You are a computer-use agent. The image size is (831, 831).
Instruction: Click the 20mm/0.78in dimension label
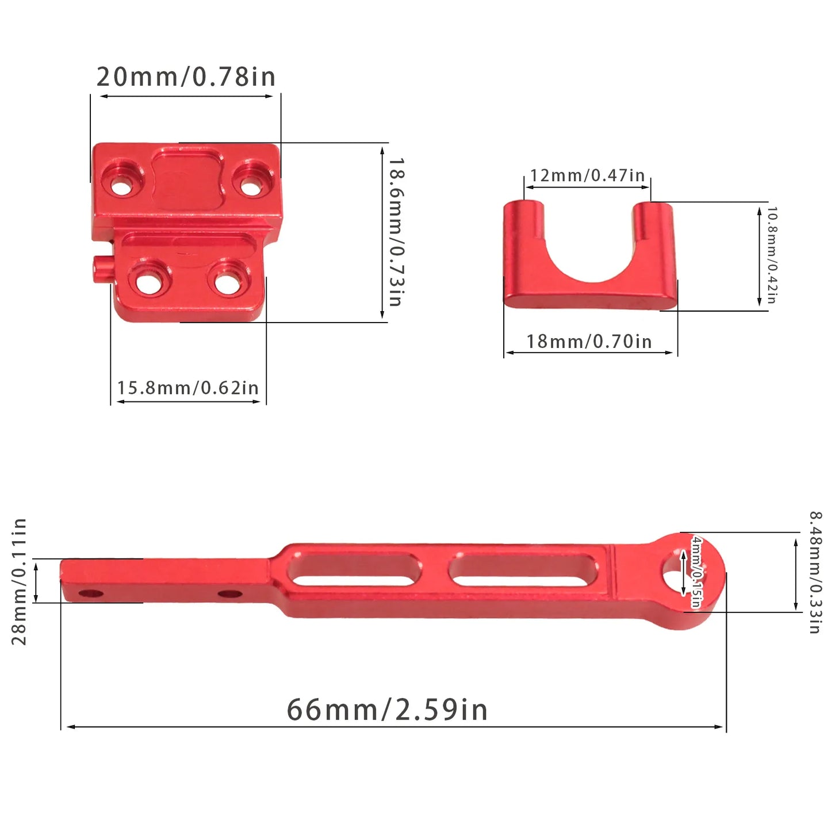[186, 77]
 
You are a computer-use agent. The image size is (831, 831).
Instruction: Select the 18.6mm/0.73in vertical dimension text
[396, 232]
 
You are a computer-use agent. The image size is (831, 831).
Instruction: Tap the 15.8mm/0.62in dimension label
[188, 388]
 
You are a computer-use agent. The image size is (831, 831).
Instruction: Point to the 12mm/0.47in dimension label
[587, 175]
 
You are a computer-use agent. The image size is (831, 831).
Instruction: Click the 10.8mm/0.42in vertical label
[772, 255]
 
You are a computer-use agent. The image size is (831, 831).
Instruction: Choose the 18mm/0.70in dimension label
[589, 342]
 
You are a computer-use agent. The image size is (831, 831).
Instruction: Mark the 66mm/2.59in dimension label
[387, 710]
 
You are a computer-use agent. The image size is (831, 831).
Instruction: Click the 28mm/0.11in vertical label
[20, 581]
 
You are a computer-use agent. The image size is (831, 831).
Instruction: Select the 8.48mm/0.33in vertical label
[815, 573]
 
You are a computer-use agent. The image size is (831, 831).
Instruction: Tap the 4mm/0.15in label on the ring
[696, 572]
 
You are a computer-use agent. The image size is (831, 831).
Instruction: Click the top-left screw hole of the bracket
[121, 187]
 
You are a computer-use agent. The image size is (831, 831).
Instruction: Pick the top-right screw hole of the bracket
[250, 187]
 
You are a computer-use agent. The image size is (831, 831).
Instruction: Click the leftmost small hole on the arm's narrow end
[89, 592]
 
